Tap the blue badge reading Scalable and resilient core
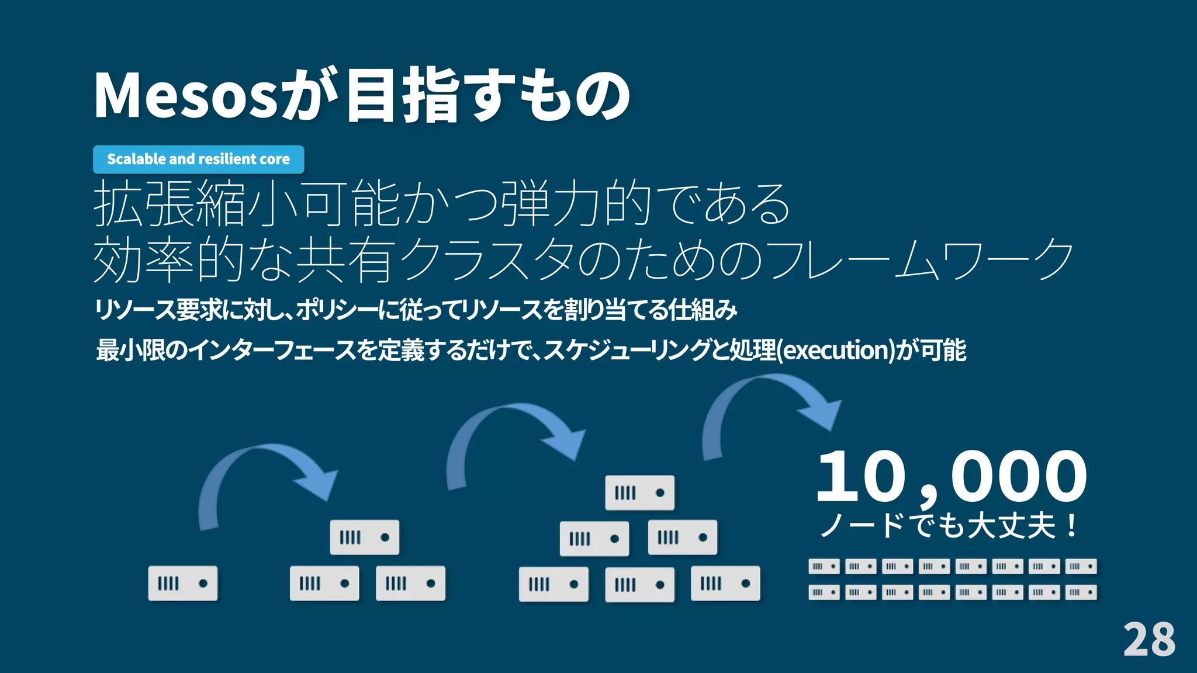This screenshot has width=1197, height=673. [x=198, y=159]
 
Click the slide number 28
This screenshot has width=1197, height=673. [x=1148, y=640]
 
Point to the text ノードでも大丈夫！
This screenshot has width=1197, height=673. [x=949, y=525]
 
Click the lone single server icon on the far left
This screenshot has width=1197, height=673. [x=183, y=583]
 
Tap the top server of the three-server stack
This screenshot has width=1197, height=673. [x=365, y=537]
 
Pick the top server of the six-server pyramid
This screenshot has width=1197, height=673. [x=639, y=492]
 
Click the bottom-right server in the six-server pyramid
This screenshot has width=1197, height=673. [x=725, y=583]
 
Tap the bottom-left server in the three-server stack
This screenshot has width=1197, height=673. [x=324, y=583]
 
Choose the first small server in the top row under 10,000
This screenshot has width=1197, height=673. [x=824, y=566]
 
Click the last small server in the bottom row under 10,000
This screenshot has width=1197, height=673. [x=1081, y=592]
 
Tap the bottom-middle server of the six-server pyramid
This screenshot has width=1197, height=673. [x=639, y=584]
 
